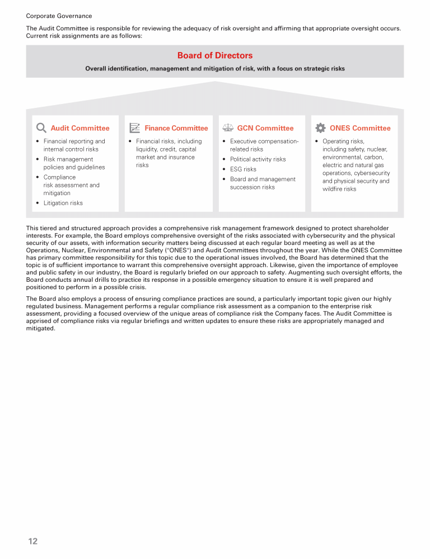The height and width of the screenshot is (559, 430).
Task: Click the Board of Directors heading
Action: pyautogui.click(x=215, y=55)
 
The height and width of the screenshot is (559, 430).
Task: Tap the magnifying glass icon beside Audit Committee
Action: pyautogui.click(x=41, y=128)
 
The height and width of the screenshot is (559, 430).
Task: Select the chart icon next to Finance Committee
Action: pyautogui.click(x=134, y=128)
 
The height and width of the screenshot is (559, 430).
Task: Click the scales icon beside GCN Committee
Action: pyautogui.click(x=227, y=128)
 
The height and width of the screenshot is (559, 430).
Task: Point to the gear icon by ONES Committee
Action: pyautogui.click(x=320, y=128)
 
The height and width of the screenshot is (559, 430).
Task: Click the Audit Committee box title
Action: pyautogui.click(x=80, y=128)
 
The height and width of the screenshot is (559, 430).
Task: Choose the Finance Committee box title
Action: pyautogui.click(x=176, y=128)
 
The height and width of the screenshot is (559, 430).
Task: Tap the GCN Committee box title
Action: pyautogui.click(x=265, y=128)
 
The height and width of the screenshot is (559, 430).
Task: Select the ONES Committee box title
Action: pyautogui.click(x=360, y=128)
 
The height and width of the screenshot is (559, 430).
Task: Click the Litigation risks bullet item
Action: pyautogui.click(x=63, y=203)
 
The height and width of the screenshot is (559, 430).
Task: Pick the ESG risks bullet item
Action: pyautogui.click(x=243, y=169)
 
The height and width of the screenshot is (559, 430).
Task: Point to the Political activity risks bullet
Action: pyautogui.click(x=258, y=159)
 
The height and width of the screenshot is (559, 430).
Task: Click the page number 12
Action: pyautogui.click(x=33, y=541)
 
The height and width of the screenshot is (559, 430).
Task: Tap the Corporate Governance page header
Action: pyautogui.click(x=59, y=16)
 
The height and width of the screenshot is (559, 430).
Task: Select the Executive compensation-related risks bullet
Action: pyautogui.click(x=264, y=145)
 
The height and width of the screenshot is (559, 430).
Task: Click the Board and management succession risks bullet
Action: pyautogui.click(x=262, y=183)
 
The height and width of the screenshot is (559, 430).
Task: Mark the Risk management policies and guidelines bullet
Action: pyautogui.click(x=74, y=163)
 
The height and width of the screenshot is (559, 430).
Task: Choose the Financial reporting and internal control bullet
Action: pyautogui.click(x=74, y=145)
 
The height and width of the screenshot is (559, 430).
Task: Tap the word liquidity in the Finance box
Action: pyautogui.click(x=147, y=149)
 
